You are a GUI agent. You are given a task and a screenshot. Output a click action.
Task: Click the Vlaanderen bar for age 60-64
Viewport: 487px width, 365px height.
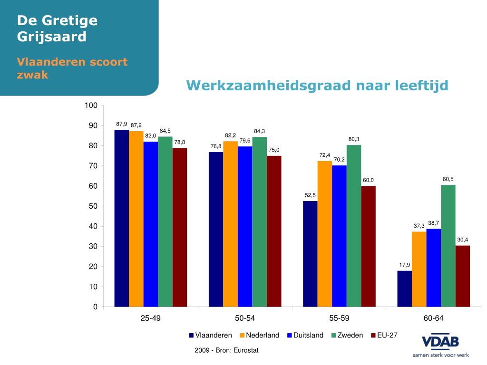point(404,288)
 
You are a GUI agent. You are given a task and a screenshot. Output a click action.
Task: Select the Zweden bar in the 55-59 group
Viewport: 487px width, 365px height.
point(354,226)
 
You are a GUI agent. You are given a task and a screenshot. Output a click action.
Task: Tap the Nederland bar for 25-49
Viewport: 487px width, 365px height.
point(136,219)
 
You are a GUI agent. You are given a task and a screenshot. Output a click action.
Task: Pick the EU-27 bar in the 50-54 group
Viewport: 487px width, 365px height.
point(274,231)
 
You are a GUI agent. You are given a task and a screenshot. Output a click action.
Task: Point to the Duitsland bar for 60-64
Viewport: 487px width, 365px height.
point(433,268)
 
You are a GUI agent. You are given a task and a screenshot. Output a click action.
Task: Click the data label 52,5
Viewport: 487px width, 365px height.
point(311,195)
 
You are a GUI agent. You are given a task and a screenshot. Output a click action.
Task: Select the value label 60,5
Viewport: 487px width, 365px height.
point(448,179)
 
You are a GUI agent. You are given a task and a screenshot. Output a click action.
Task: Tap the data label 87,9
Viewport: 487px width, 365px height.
point(122,124)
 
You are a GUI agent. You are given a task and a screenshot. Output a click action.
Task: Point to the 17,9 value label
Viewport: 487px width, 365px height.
point(405,265)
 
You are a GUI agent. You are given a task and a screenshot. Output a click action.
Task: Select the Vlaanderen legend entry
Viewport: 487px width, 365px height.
point(210,335)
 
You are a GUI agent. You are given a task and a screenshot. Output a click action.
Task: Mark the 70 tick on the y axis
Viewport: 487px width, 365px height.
point(92,166)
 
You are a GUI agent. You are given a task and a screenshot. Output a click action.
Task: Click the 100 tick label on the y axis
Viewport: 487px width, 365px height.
point(91,106)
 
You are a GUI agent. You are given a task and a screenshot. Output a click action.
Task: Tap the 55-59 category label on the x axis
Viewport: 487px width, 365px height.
point(339,318)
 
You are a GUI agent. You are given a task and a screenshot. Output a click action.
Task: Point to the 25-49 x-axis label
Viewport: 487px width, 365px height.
point(150,318)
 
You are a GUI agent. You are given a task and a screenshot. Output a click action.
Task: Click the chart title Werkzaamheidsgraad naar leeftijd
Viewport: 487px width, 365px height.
point(317,86)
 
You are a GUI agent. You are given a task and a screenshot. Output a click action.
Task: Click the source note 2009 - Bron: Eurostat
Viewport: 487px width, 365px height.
point(226,350)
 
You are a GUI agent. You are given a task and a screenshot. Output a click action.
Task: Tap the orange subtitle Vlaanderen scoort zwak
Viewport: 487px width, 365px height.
point(72,68)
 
